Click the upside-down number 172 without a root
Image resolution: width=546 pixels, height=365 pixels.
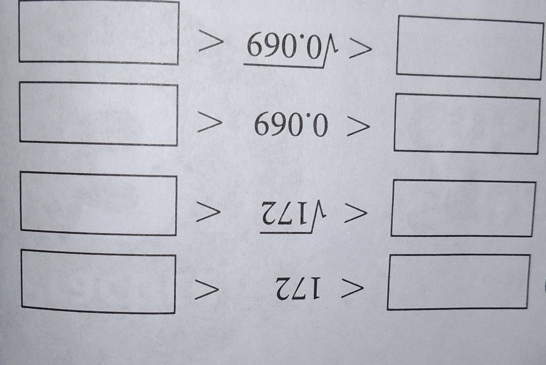point(298,291)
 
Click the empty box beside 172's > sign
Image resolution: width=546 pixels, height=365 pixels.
point(98,281)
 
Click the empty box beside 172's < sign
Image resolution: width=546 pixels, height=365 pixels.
point(458,282)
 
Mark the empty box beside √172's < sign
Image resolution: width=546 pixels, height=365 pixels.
point(463,208)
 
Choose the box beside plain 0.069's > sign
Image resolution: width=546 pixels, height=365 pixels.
point(98,113)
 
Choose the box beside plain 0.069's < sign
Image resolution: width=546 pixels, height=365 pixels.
point(466,123)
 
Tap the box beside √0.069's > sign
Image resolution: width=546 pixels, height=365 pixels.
point(98,32)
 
